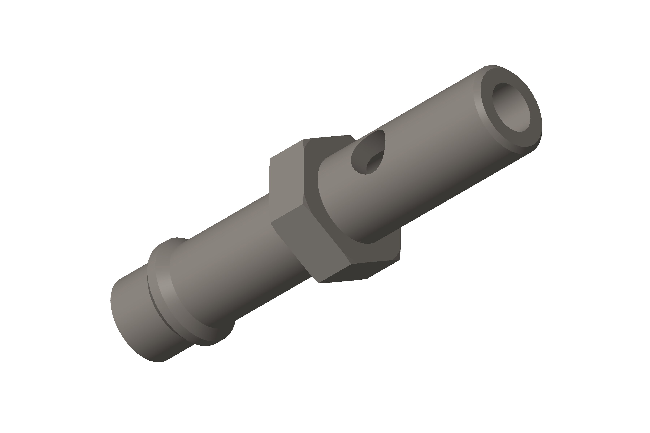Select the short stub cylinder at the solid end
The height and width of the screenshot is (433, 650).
click(x=133, y=318)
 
